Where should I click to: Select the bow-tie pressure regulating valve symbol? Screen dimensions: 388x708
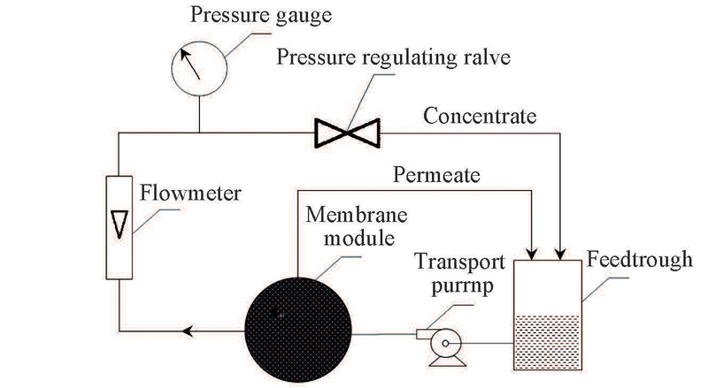click(347, 134)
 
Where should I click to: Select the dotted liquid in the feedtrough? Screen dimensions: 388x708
click(547, 341)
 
